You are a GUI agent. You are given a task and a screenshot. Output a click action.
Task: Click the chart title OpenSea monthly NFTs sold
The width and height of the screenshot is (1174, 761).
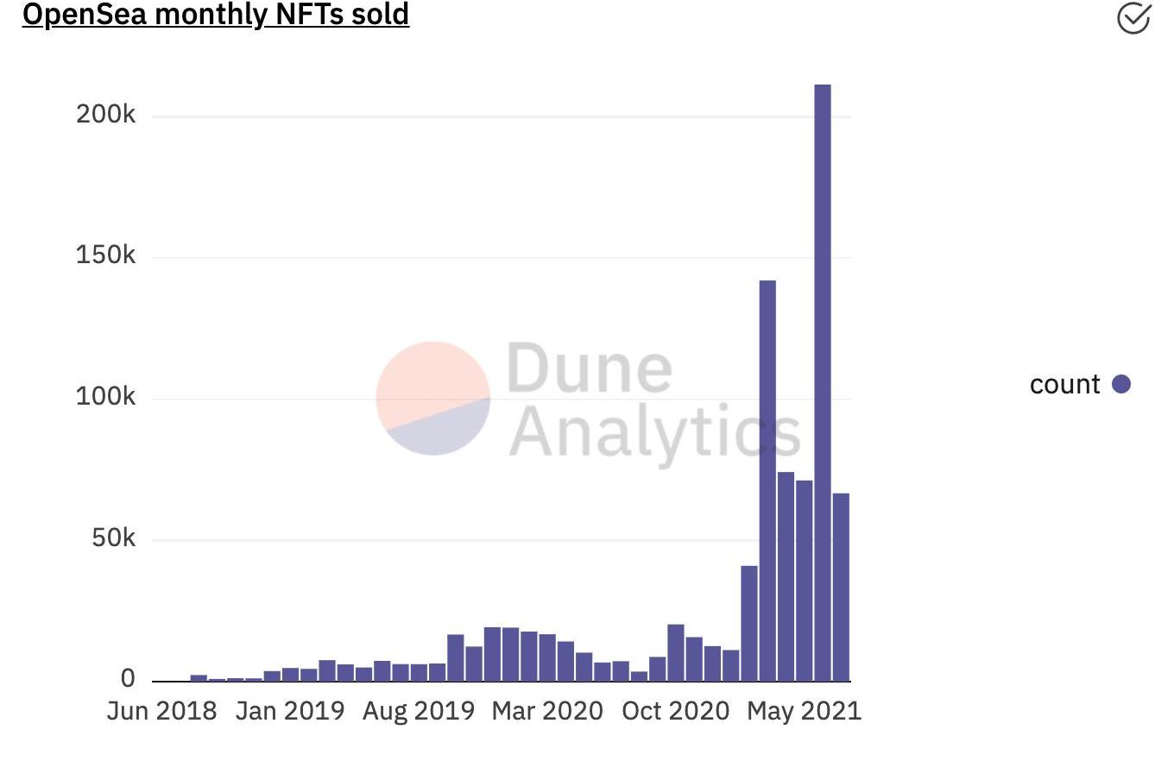click(x=216, y=15)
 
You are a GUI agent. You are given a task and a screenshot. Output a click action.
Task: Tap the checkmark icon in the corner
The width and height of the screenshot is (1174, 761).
click(x=1133, y=17)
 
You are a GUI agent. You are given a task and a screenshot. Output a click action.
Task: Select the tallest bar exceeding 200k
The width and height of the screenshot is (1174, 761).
click(x=823, y=380)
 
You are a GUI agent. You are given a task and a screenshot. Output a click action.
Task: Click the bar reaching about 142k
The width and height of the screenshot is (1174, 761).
click(x=767, y=479)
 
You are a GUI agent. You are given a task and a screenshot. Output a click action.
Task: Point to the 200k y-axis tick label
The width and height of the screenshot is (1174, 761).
click(x=106, y=115)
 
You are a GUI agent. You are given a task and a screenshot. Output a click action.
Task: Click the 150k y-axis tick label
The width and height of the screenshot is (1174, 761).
click(x=106, y=256)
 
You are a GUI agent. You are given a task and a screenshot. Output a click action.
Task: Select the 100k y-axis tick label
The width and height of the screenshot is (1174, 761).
click(x=106, y=398)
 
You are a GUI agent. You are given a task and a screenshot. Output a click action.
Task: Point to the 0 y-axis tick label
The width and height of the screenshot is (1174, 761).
click(x=128, y=680)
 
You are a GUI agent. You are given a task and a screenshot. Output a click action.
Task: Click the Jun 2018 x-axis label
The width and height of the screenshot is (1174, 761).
click(x=161, y=712)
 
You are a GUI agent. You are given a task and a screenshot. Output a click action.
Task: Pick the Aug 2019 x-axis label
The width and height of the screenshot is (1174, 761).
click(x=418, y=712)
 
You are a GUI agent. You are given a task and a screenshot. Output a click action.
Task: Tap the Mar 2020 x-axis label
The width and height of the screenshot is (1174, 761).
click(x=546, y=712)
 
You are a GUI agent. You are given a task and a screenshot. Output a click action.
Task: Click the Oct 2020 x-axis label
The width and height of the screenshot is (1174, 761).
click(x=676, y=712)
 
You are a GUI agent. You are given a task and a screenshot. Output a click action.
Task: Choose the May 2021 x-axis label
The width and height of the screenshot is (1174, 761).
click(x=804, y=712)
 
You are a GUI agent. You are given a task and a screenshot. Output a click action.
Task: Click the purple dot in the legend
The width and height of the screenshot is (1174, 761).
click(x=1120, y=384)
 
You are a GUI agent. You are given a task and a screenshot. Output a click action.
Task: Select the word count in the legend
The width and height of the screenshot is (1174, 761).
click(x=1064, y=385)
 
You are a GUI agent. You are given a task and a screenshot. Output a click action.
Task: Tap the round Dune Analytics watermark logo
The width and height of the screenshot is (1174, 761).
click(x=433, y=398)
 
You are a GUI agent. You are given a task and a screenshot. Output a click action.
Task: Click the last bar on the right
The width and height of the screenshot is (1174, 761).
click(x=841, y=587)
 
